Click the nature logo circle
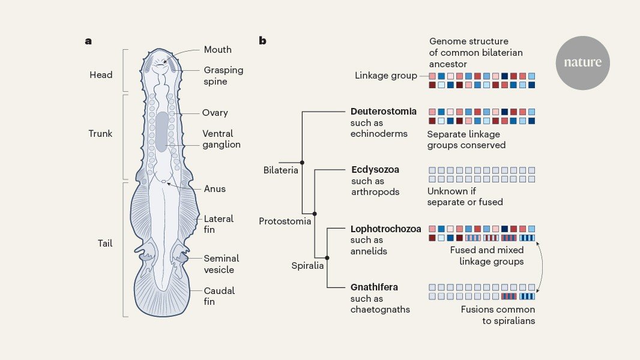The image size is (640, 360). [582, 63]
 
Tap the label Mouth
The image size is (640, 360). [217, 50]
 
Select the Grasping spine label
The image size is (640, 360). [223, 76]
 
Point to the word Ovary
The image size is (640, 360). [215, 113]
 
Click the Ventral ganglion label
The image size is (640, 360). [221, 139]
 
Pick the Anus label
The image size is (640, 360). [215, 189]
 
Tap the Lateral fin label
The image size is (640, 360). [219, 224]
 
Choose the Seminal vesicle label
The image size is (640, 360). [221, 264]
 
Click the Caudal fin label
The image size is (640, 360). [219, 296]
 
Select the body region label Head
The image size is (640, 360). [101, 75]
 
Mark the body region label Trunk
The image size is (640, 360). [100, 134]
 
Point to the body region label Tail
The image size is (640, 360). [105, 244]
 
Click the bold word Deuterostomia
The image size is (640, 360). [383, 112]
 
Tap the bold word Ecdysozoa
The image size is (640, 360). [375, 170]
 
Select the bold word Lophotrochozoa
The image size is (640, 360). [385, 229]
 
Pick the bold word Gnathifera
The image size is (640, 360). [374, 287]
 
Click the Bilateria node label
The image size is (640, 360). [281, 170]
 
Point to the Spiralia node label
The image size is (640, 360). [307, 266]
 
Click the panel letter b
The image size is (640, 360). [262, 40]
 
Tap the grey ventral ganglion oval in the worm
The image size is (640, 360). [162, 131]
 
